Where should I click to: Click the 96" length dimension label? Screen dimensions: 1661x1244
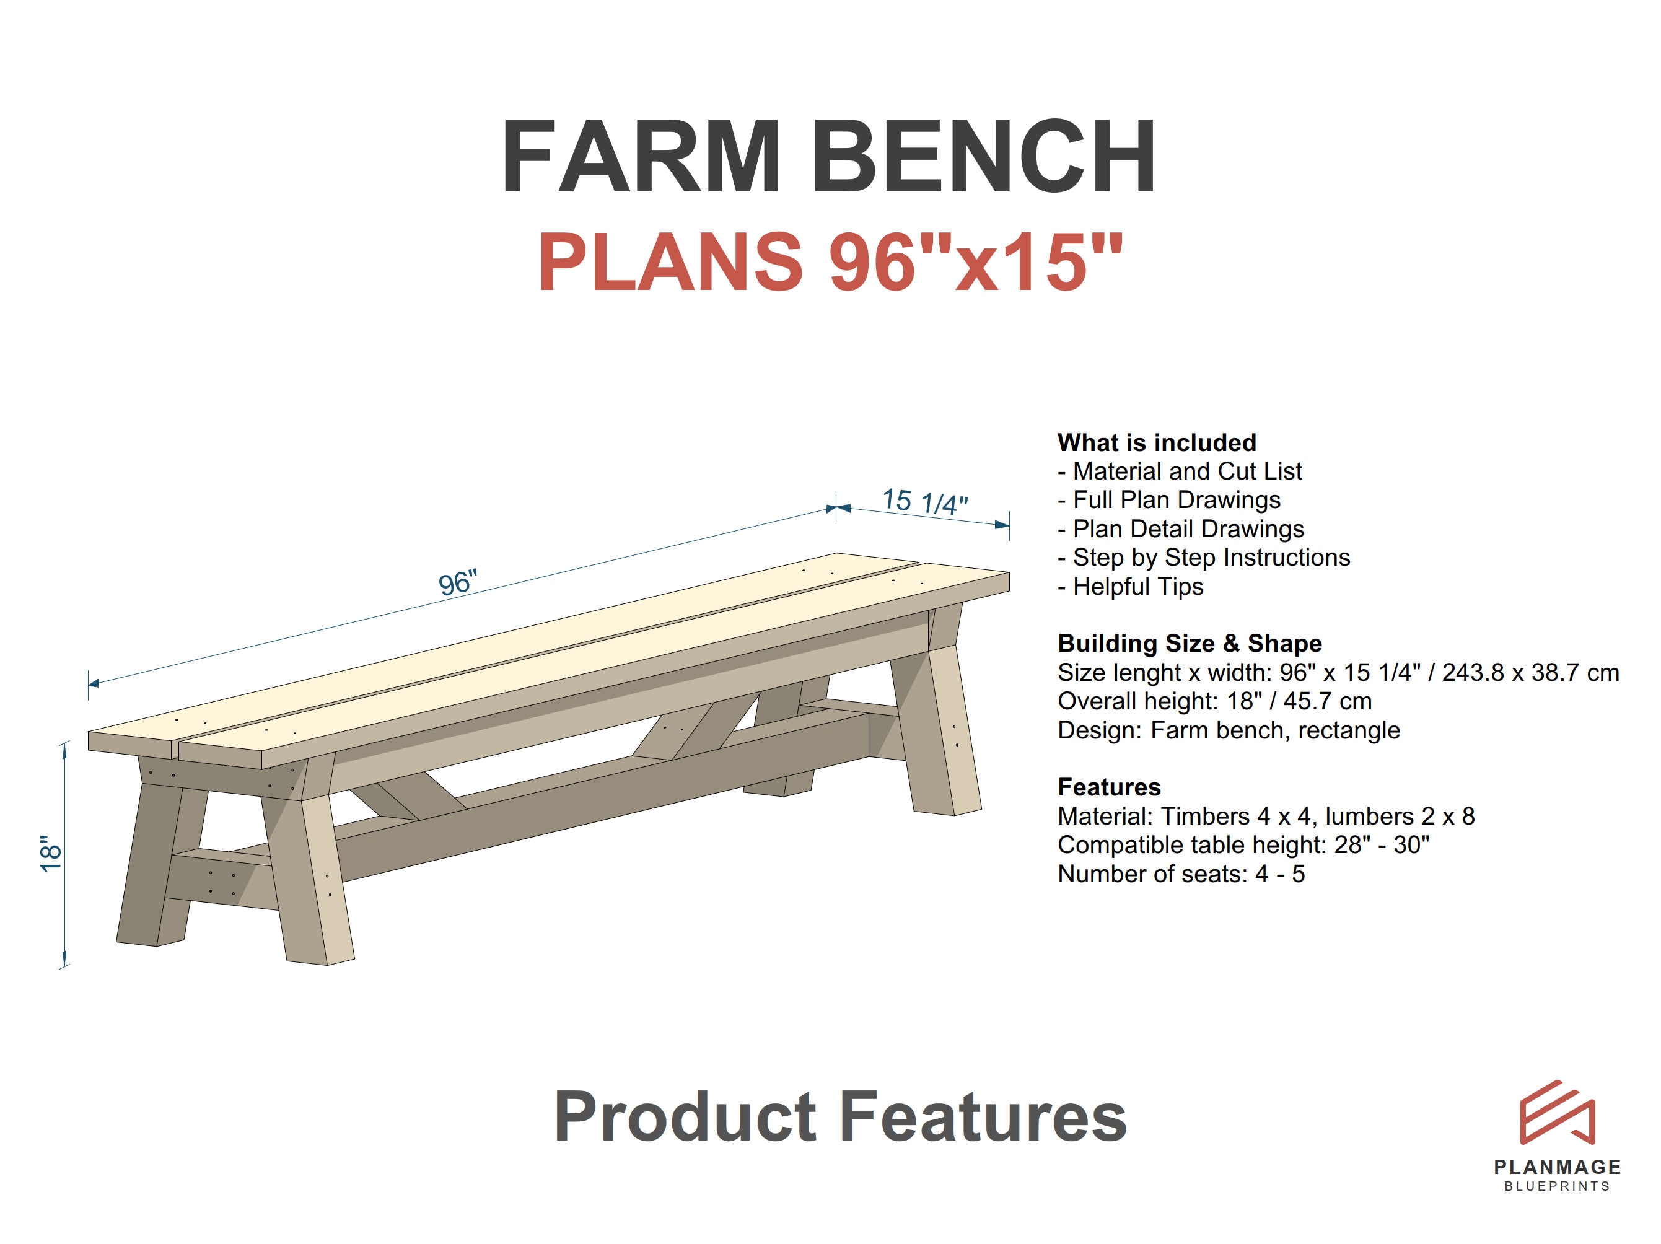[457, 582]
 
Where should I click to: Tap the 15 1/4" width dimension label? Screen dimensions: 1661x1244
[925, 502]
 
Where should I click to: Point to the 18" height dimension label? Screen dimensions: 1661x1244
[50, 854]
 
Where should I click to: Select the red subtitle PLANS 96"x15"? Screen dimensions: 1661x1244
[830, 261]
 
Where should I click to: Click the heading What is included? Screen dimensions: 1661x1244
[1157, 442]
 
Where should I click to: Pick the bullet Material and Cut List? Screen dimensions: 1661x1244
[1180, 471]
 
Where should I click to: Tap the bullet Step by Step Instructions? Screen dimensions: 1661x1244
[1204, 558]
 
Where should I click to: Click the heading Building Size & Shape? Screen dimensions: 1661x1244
[1190, 644]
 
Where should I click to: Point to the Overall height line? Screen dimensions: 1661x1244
[1214, 701]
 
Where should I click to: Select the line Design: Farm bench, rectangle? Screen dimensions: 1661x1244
[1229, 730]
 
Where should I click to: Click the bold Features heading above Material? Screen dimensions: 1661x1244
[1109, 787]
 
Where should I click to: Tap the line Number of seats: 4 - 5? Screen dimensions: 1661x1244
[1181, 874]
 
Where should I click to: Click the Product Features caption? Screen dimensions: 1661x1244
[840, 1118]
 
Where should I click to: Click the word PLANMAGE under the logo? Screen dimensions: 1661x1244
[1558, 1167]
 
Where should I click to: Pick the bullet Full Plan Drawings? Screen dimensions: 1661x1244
[1169, 500]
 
